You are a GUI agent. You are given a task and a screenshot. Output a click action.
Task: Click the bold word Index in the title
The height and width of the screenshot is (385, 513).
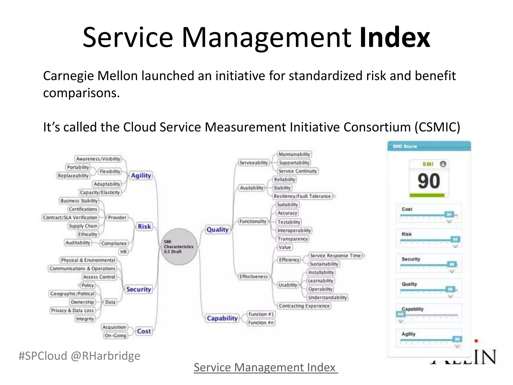coord(395,38)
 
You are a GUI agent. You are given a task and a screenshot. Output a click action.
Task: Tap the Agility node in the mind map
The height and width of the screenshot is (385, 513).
coord(141,175)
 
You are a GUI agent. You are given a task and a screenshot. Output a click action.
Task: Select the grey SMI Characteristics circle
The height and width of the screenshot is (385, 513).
coord(179,247)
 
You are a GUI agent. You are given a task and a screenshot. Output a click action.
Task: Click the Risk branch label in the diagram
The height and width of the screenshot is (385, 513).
coord(144,226)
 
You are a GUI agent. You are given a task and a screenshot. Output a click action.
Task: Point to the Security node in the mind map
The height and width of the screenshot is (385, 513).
coord(139,289)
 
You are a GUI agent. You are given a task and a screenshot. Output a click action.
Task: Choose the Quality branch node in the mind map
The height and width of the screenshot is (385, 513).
coord(217,230)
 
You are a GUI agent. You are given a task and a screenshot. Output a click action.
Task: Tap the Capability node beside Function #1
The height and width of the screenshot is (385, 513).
coord(222,318)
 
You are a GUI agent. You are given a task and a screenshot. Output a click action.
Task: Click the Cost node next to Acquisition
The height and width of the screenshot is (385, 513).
coord(144,331)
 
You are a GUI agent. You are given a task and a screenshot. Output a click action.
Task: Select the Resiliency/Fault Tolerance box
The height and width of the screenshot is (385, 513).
coord(302,196)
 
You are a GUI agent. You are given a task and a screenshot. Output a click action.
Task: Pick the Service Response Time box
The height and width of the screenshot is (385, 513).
coord(335,256)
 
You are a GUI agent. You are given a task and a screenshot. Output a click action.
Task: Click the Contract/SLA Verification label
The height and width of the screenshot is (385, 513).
coord(70,218)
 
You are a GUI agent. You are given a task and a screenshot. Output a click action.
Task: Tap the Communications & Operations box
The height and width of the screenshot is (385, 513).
coord(82,268)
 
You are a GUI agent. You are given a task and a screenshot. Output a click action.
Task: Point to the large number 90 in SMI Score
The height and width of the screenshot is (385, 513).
coord(429,181)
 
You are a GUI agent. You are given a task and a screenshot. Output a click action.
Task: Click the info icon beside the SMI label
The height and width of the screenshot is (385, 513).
coord(443,164)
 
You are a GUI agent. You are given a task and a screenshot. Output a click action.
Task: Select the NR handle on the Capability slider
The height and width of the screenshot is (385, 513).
coord(401,314)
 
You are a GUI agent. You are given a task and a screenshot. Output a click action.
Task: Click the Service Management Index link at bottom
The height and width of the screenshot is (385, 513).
coord(266,367)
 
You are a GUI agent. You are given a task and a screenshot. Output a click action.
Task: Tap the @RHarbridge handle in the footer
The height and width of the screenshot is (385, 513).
coord(105,356)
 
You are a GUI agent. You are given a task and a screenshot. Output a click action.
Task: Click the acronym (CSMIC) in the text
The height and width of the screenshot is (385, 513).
coord(437,127)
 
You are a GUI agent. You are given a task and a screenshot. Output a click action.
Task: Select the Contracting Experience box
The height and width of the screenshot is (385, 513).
coord(304,306)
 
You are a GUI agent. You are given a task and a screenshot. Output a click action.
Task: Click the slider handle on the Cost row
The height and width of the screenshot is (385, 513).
coord(449,214)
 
